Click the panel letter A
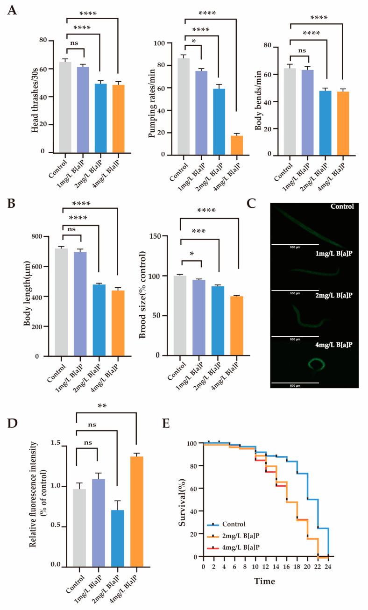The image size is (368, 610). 13,11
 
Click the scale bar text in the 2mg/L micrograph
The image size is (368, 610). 294,339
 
